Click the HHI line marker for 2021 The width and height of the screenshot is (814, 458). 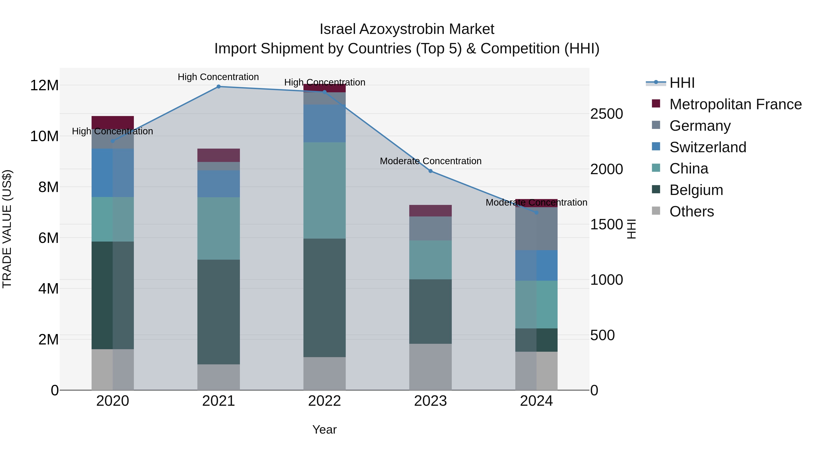(x=218, y=87)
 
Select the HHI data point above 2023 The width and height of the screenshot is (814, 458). (x=430, y=171)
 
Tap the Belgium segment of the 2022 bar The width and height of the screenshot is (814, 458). (x=324, y=298)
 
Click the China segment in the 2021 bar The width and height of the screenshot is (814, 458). (x=218, y=228)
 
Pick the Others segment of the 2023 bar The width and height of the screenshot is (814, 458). (x=430, y=367)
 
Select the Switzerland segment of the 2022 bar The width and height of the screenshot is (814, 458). (x=324, y=123)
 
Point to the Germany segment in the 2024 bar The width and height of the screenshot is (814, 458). (x=536, y=229)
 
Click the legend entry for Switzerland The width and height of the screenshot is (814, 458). (x=708, y=147)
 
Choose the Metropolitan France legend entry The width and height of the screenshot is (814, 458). (x=735, y=104)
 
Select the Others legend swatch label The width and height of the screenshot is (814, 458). (x=691, y=211)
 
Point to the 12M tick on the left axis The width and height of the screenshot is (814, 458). (x=44, y=85)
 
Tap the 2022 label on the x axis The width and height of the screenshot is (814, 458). (x=324, y=401)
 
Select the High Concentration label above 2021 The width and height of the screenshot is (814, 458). (x=218, y=77)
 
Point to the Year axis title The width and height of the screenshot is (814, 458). (x=324, y=430)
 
